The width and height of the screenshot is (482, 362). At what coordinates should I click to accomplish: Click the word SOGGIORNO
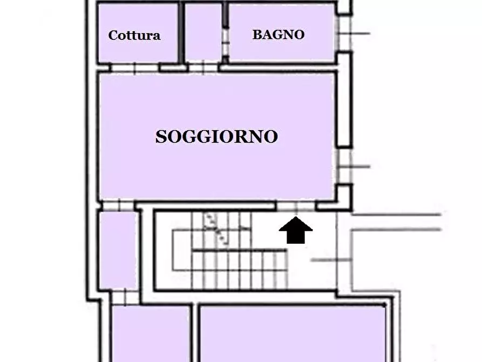pyautogui.click(x=216, y=137)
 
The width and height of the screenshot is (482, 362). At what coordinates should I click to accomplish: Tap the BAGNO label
pyautogui.click(x=278, y=35)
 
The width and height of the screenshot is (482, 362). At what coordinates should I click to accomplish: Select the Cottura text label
pyautogui.click(x=134, y=36)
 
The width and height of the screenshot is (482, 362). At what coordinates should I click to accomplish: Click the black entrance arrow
pyautogui.click(x=295, y=231)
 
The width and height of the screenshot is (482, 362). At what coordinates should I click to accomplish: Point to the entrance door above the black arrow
pyautogui.click(x=296, y=206)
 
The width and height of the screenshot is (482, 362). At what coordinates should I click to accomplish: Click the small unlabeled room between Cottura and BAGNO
pyautogui.click(x=203, y=32)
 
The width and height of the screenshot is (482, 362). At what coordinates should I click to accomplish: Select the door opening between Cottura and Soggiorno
pyautogui.click(x=134, y=68)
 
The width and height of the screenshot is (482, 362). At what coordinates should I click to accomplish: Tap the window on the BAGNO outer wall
pyautogui.click(x=344, y=33)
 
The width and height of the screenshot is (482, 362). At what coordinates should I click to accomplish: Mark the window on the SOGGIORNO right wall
pyautogui.click(x=344, y=166)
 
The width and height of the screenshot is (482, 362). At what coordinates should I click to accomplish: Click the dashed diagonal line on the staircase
pyautogui.click(x=215, y=228)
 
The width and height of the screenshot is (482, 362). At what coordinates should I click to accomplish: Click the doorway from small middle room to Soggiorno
pyautogui.click(x=203, y=68)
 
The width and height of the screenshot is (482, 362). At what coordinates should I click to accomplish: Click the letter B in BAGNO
pyautogui.click(x=257, y=35)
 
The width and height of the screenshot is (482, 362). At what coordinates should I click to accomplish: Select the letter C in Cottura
pyautogui.click(x=113, y=36)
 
